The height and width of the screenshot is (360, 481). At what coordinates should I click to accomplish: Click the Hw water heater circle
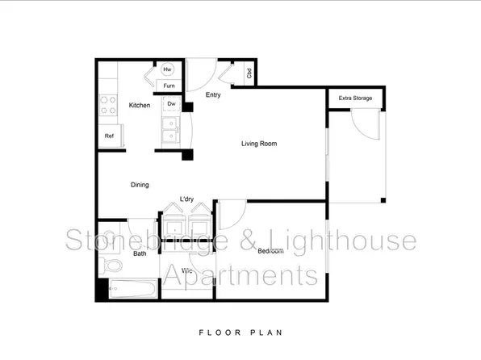point(169,70)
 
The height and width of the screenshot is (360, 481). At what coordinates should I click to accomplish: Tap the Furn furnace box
point(169,86)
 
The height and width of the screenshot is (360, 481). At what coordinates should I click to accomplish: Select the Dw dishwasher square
point(172,104)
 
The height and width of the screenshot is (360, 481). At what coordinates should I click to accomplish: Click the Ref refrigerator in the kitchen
point(110,136)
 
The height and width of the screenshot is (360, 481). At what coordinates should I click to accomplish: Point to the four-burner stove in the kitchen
point(107,105)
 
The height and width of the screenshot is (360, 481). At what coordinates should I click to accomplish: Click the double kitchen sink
point(170,130)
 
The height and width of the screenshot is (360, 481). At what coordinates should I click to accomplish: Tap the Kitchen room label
point(139,105)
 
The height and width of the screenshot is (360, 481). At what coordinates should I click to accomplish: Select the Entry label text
point(213,95)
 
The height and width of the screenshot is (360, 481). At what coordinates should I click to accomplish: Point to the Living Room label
point(259,144)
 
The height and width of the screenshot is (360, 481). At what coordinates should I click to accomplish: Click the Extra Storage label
point(355,98)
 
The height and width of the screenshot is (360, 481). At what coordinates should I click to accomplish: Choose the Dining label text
point(140,185)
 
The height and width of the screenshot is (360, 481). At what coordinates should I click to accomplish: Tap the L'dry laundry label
point(187,199)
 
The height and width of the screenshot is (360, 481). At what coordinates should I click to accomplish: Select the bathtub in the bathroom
point(128,288)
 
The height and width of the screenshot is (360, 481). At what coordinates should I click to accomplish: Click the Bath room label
point(140,253)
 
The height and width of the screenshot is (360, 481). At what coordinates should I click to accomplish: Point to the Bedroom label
point(270,251)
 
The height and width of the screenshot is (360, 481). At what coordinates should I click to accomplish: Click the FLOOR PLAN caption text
point(240,332)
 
